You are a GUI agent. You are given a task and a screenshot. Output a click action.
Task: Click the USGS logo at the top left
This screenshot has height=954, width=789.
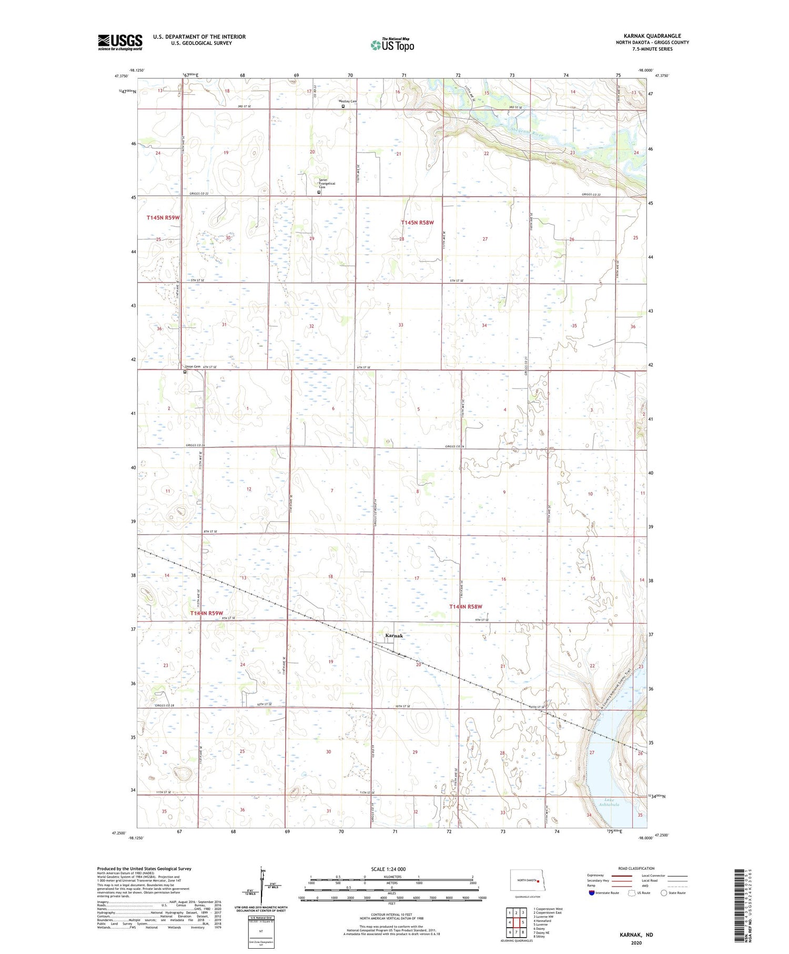click(x=120, y=42)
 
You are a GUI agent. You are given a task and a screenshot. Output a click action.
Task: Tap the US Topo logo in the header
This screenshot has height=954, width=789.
click(x=392, y=45)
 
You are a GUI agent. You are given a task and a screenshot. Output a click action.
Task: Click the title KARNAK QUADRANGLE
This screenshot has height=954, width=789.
click(x=652, y=36)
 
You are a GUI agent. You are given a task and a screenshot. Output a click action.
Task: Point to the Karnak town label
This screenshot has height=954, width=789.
click(x=394, y=636)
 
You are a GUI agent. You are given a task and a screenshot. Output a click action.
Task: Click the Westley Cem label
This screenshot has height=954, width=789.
click(x=332, y=102)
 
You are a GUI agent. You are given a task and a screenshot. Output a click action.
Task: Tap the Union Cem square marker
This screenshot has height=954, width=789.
click(x=185, y=372)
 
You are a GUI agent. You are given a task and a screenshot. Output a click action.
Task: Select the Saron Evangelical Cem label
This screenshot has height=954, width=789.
click(x=327, y=183)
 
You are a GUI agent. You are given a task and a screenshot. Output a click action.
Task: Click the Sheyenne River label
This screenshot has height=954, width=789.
click(x=525, y=134)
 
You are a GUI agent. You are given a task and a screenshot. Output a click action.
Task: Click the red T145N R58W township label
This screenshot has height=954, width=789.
click(x=418, y=223)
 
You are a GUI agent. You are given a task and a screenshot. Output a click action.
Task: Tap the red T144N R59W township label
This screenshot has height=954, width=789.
click(x=207, y=614)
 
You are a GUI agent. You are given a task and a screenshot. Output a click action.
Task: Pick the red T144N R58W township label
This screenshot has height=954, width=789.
click(x=466, y=607)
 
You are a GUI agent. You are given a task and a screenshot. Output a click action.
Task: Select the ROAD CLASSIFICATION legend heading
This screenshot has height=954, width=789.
click(x=636, y=868)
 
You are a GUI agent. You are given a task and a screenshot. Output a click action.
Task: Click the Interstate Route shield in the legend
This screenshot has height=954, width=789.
click(x=591, y=893)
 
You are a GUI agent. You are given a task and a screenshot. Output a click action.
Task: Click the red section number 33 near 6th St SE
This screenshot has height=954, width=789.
click(x=401, y=325)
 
